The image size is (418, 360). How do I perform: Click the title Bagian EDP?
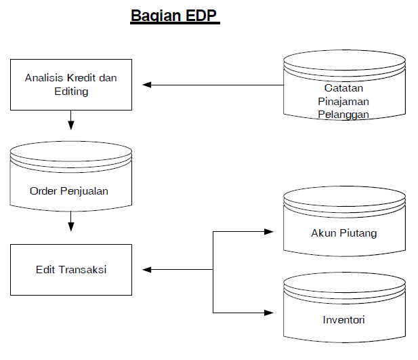pos(175,16)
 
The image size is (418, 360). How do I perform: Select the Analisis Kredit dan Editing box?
pos(71,84)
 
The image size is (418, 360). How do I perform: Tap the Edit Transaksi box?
pos(71,270)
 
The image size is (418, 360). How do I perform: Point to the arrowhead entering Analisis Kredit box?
pos(147,85)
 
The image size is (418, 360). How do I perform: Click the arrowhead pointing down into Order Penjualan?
pos(71,125)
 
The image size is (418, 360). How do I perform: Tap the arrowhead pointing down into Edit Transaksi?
pos(71,227)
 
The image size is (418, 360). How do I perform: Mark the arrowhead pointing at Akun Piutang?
pos(268,232)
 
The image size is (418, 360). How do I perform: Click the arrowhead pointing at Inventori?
pos(268,313)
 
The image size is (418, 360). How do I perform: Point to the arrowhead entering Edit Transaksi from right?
pos(147,270)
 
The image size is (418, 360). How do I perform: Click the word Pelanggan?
pos(343,114)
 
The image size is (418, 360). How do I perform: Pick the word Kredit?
pos(81,78)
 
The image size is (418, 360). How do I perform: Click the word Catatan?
pos(343,88)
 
